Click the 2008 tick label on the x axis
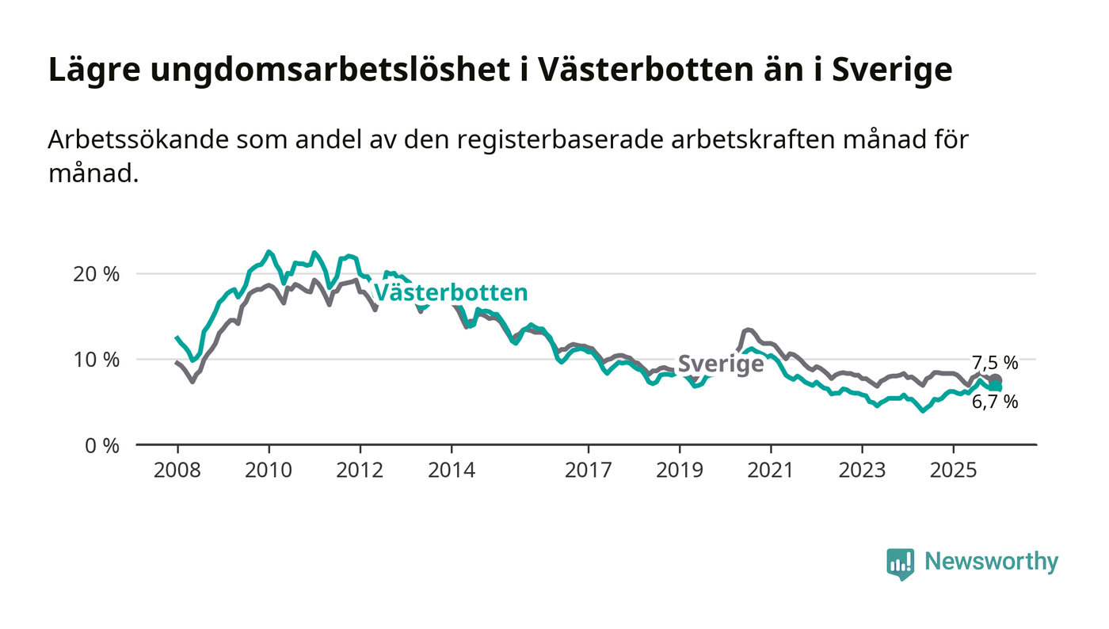177,470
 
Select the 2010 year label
269,470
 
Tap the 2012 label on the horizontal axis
360,470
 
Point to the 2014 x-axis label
452,470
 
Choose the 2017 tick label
589,470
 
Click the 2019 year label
680,470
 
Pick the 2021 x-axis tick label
771,470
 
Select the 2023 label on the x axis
862,470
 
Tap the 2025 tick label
954,470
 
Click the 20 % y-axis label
97,274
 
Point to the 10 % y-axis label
97,360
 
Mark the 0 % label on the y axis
102,445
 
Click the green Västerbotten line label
450,292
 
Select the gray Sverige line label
721,364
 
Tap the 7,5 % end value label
995,363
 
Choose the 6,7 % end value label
995,402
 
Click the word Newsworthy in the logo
991,562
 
